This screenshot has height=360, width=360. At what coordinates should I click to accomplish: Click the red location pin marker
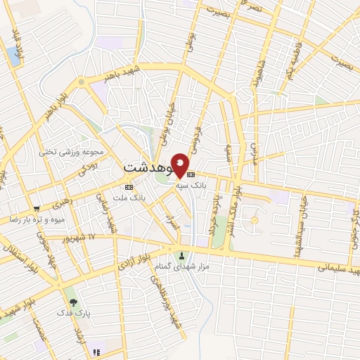point(180,165)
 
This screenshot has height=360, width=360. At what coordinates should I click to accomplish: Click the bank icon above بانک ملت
point(128,187)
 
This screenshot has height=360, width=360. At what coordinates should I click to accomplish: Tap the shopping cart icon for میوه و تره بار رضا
point(36,209)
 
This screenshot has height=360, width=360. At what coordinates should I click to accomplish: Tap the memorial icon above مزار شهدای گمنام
point(183,255)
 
